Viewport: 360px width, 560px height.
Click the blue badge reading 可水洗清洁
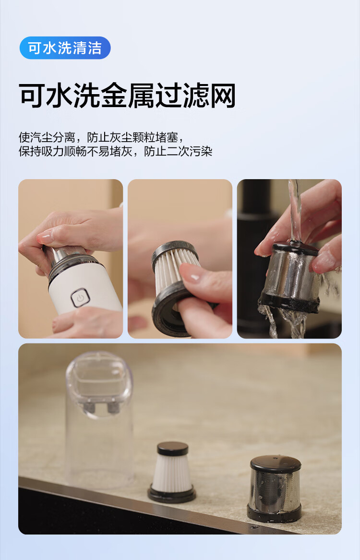pos(65,48)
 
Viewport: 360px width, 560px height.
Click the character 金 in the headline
pos(114,96)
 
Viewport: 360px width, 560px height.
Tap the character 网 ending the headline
pos(223,96)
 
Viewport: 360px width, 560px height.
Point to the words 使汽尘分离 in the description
pos(47,137)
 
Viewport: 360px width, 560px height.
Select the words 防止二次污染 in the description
pos(178,151)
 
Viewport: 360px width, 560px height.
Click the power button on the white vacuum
pos(80,297)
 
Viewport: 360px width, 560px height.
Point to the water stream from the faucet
pos(294,211)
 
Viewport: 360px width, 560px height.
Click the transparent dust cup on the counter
pos(100,418)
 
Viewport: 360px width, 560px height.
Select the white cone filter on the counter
pos(172,472)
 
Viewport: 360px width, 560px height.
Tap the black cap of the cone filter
pos(173,448)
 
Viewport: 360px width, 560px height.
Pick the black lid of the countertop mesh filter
pos(276,463)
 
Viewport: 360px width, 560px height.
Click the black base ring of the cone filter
pos(172,496)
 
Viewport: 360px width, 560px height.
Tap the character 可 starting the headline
pos(33,96)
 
